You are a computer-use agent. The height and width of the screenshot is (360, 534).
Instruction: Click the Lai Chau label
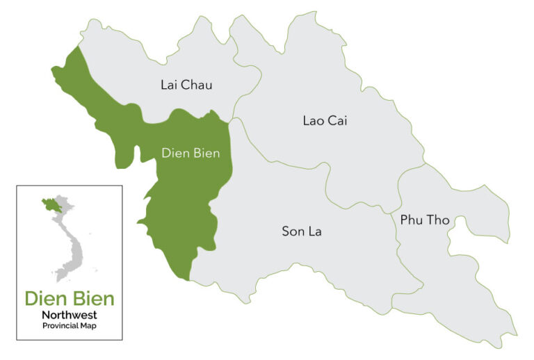click(186, 85)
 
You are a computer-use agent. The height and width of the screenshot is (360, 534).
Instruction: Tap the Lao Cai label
click(325, 120)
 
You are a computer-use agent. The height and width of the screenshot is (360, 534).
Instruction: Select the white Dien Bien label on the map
click(191, 154)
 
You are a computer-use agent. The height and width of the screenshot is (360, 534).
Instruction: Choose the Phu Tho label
click(425, 220)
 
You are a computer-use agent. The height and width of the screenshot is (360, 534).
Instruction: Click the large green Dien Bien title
click(70, 299)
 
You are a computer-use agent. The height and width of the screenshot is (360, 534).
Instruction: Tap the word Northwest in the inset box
click(69, 315)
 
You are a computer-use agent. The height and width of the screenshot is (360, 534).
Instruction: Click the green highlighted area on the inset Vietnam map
click(51, 205)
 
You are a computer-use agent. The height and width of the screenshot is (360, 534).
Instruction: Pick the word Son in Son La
click(291, 231)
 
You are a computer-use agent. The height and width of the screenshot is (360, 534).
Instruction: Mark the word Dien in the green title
click(46, 299)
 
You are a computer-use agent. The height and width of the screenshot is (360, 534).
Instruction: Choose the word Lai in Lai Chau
click(169, 85)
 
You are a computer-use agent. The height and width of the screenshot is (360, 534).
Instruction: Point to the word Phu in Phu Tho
click(411, 220)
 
